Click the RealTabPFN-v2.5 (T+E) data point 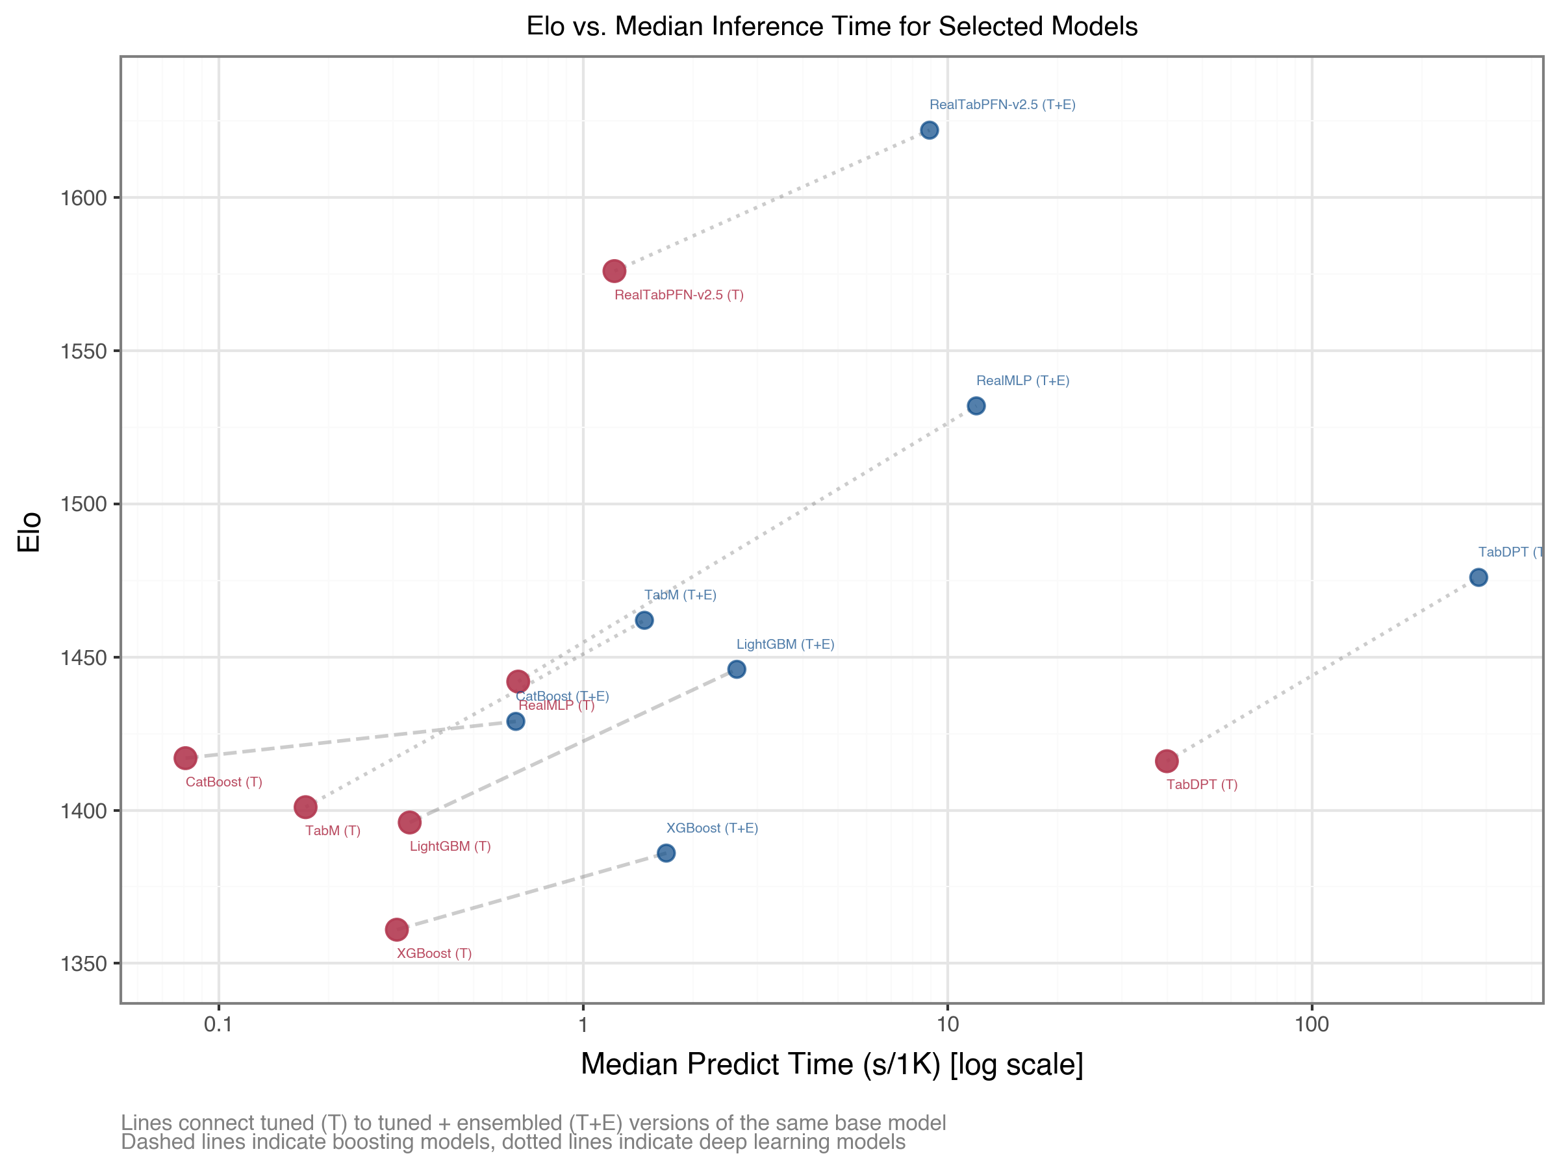(x=929, y=130)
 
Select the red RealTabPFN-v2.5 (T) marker (x=614, y=271)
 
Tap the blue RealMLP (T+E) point (x=976, y=406)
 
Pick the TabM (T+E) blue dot (x=644, y=620)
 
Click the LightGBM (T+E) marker (x=737, y=670)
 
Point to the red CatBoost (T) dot (x=185, y=758)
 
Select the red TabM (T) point (x=305, y=807)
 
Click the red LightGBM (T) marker (x=409, y=822)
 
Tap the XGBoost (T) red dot (x=397, y=929)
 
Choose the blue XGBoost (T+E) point (x=666, y=853)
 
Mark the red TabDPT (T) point (x=1167, y=761)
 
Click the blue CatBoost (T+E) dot (x=516, y=722)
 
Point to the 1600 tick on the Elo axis (x=83, y=198)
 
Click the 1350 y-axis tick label (x=83, y=964)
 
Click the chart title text (x=831, y=26)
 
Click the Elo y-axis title (x=30, y=531)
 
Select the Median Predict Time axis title (x=831, y=1064)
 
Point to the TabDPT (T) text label (x=1202, y=785)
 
